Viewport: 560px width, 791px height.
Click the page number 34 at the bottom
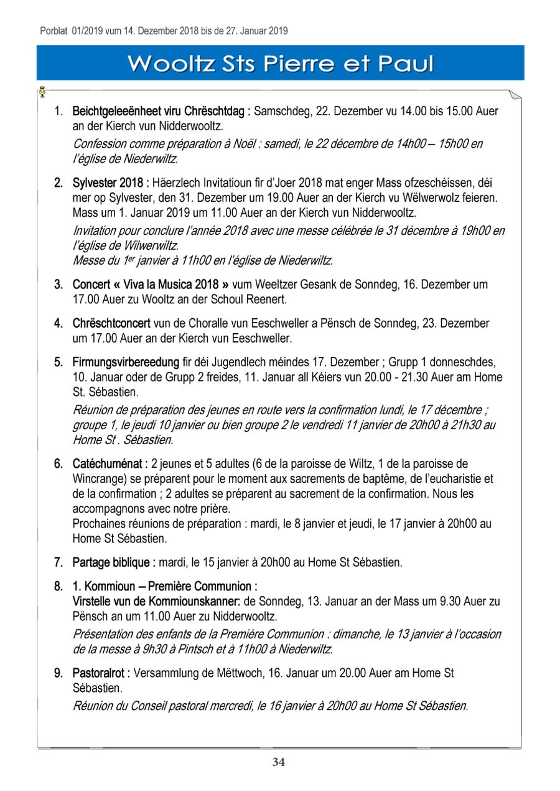pos(279,762)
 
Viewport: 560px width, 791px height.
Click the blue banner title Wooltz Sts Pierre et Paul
pos(280,64)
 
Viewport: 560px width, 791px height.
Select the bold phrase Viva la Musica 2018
pos(168,285)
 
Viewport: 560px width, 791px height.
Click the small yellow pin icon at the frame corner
pos(42,92)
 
